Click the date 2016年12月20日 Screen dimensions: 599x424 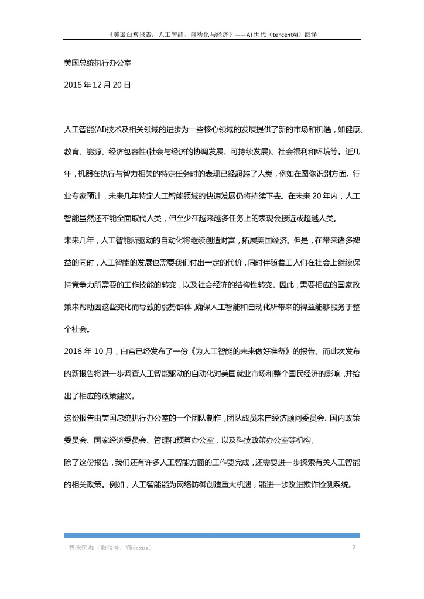click(x=97, y=85)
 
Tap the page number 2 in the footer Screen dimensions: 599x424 click(x=354, y=548)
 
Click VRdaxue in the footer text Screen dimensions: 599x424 click(x=138, y=548)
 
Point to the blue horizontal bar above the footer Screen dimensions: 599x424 click(x=211, y=535)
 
